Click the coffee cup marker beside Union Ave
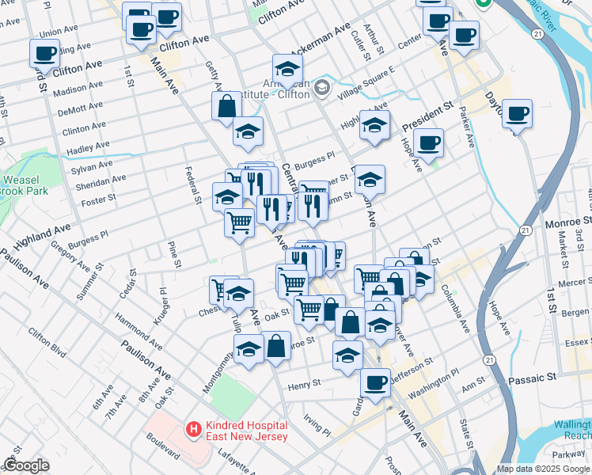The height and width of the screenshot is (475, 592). click(44, 55)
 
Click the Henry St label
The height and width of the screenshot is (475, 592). click(303, 384)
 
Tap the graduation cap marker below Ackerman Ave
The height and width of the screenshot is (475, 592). click(287, 68)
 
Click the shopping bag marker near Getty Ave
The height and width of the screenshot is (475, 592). click(226, 107)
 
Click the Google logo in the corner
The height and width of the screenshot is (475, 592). click(25, 465)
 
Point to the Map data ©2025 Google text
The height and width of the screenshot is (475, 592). click(543, 469)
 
